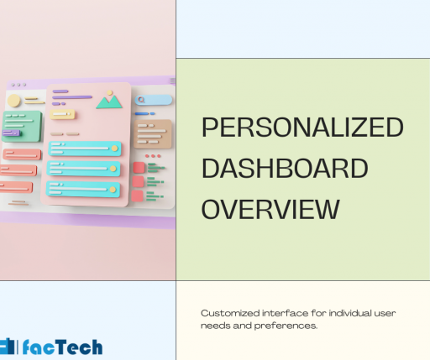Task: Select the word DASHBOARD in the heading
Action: click(x=286, y=168)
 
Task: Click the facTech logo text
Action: click(x=63, y=346)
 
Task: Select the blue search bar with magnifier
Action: click(x=153, y=100)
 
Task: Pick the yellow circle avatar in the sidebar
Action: click(x=14, y=101)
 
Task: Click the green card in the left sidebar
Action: click(x=21, y=124)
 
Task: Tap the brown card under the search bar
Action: click(x=152, y=131)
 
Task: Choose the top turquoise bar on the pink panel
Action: click(x=84, y=149)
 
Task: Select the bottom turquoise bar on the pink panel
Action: click(x=84, y=186)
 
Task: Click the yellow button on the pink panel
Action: click(x=63, y=114)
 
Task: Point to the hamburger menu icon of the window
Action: click(x=171, y=81)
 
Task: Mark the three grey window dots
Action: click(x=18, y=85)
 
